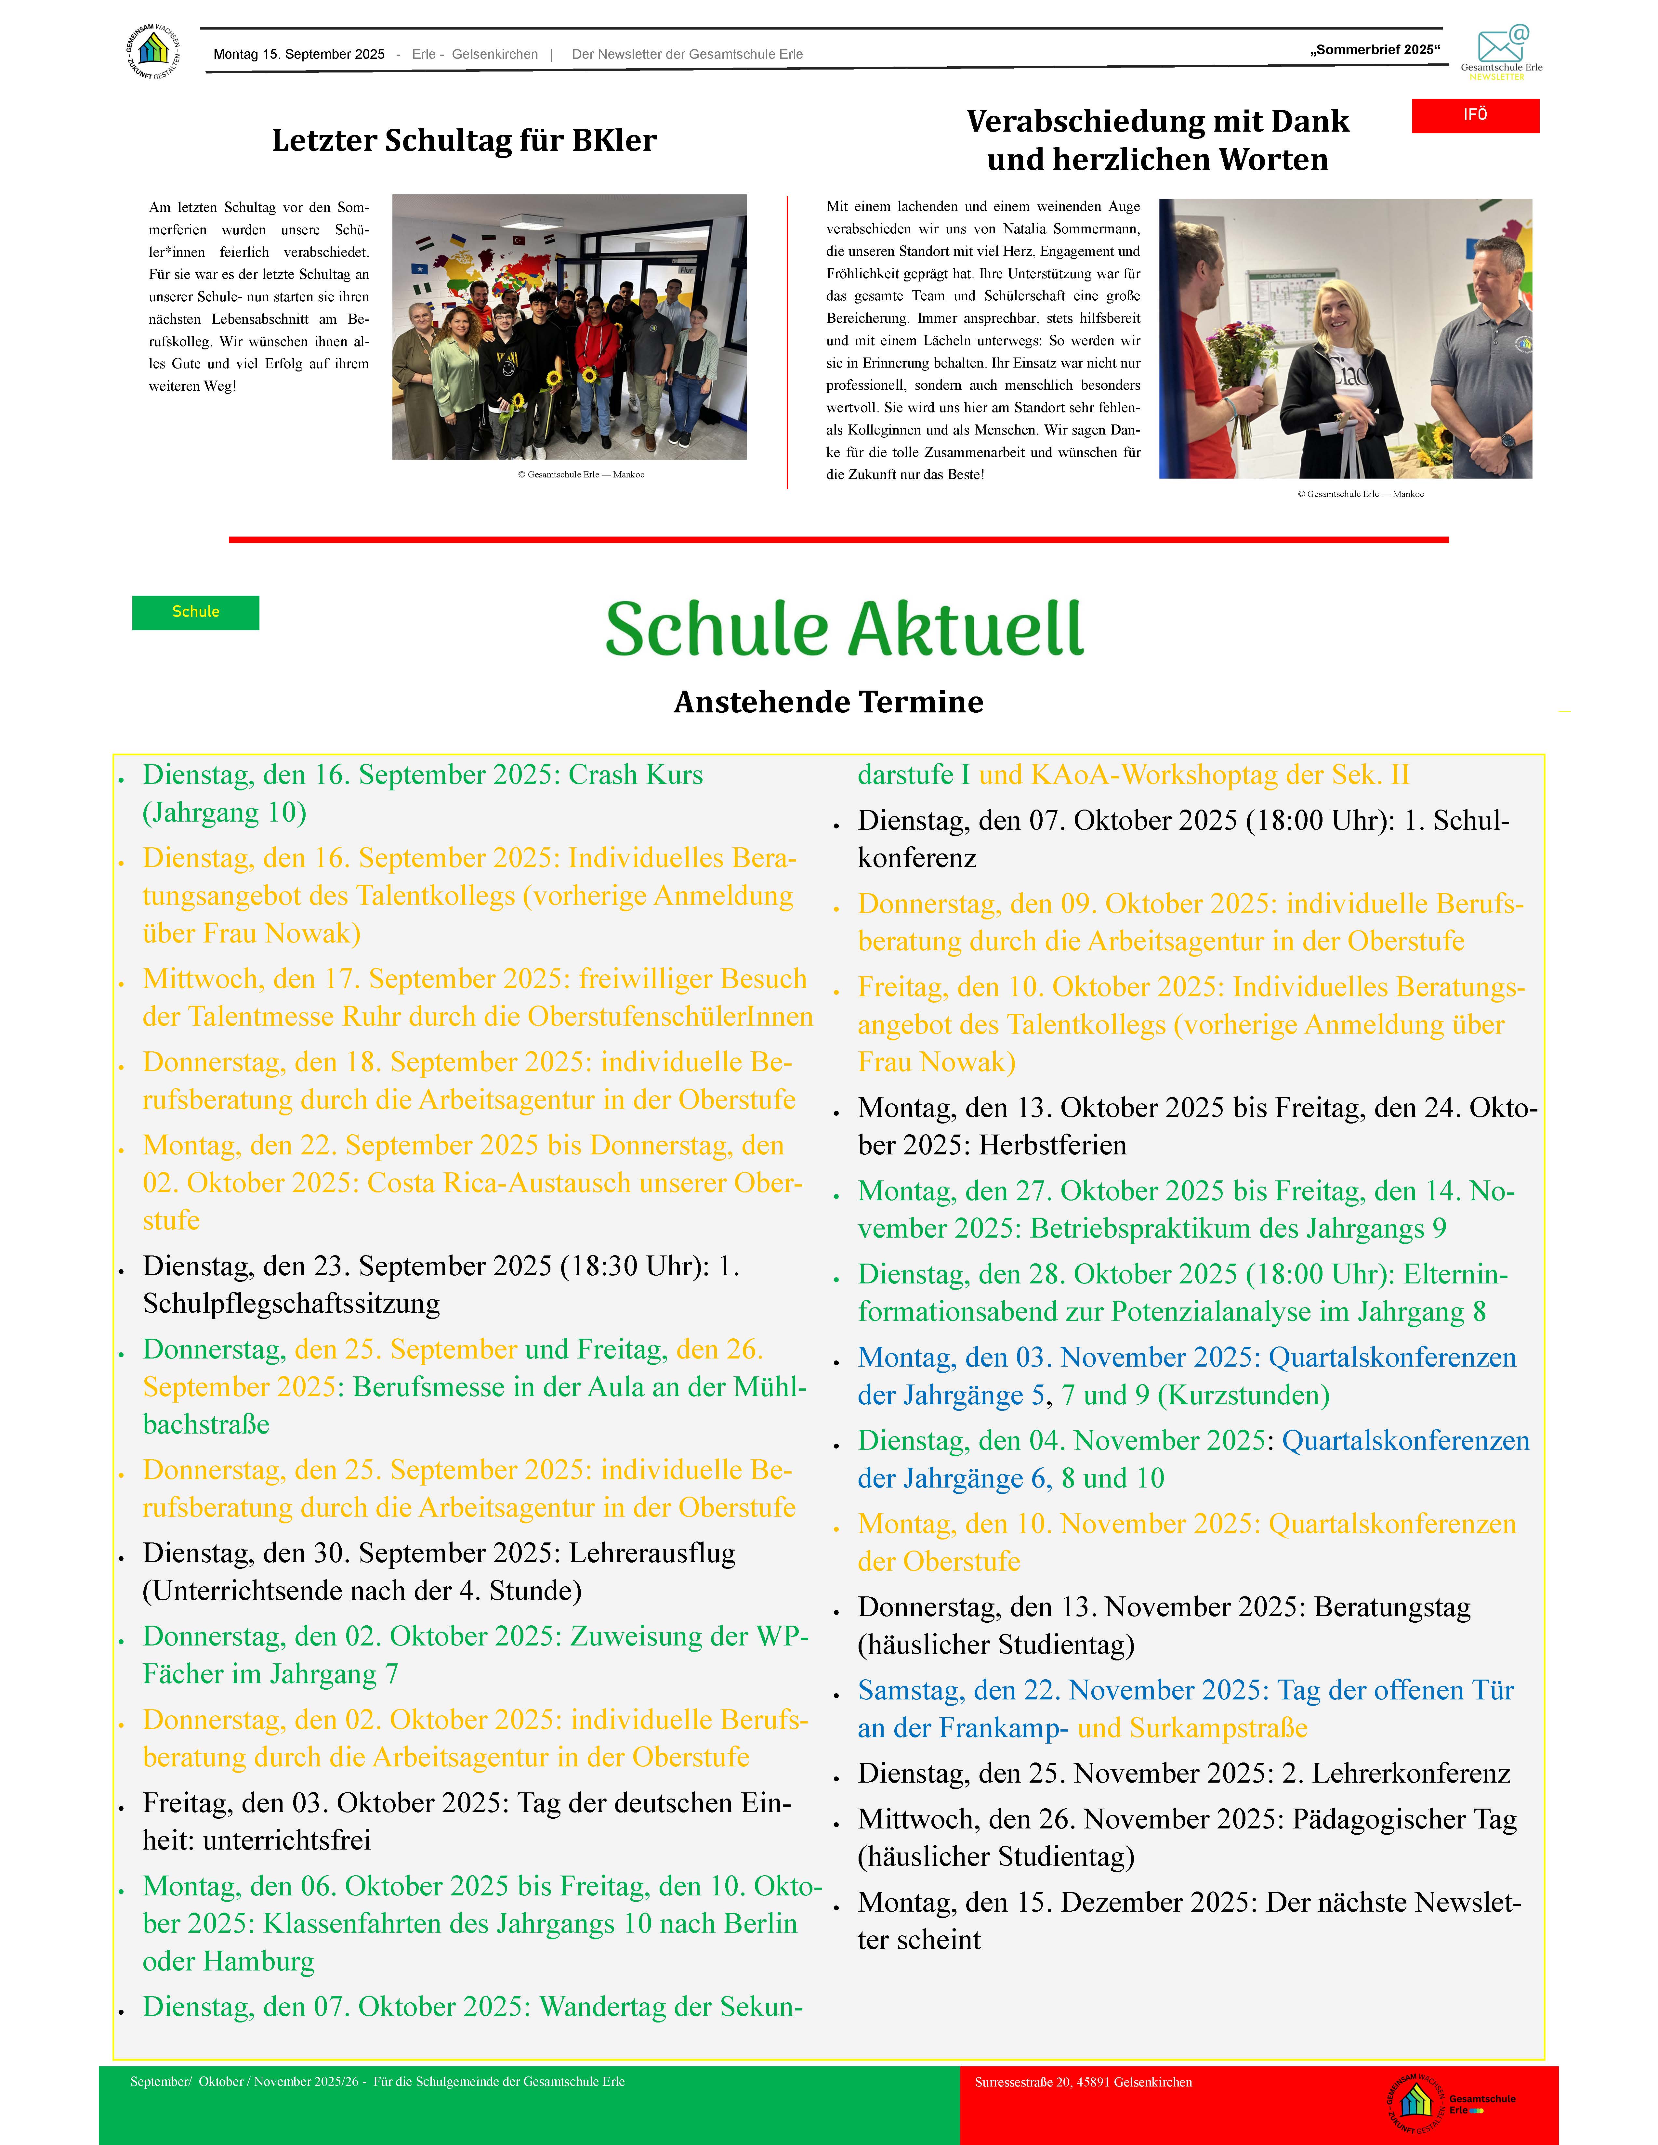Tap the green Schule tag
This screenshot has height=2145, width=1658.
point(195,612)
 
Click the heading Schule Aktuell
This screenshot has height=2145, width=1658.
point(844,630)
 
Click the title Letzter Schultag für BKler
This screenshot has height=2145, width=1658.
point(464,140)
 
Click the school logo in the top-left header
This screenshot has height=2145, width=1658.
point(153,51)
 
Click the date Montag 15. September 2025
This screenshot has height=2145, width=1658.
point(298,54)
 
